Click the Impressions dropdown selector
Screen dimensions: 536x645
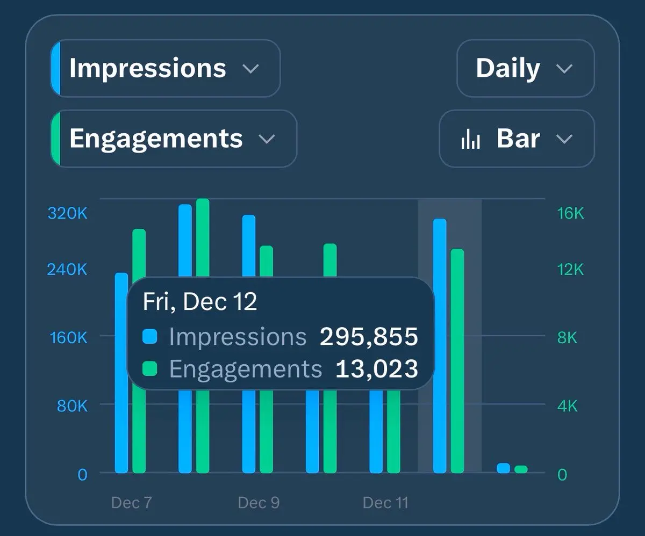point(165,68)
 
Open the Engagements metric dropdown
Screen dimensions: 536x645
point(173,139)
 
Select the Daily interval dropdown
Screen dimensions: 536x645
point(525,68)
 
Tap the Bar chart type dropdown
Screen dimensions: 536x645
point(517,139)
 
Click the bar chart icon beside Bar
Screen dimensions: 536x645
point(470,139)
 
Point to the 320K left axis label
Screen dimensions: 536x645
point(67,213)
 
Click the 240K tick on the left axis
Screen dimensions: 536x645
point(67,269)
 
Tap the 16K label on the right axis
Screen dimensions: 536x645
point(570,213)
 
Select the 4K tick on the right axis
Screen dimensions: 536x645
point(567,406)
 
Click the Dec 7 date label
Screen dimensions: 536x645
point(131,503)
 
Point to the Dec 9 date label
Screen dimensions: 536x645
point(259,503)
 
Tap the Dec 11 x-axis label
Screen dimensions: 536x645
point(385,503)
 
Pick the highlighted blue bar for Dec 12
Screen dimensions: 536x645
point(440,344)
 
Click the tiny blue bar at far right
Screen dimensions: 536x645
point(503,468)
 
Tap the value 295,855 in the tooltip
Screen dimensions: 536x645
point(369,337)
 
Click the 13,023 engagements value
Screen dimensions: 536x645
point(376,369)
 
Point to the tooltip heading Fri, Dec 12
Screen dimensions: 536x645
point(199,302)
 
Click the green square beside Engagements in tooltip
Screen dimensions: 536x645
point(150,368)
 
